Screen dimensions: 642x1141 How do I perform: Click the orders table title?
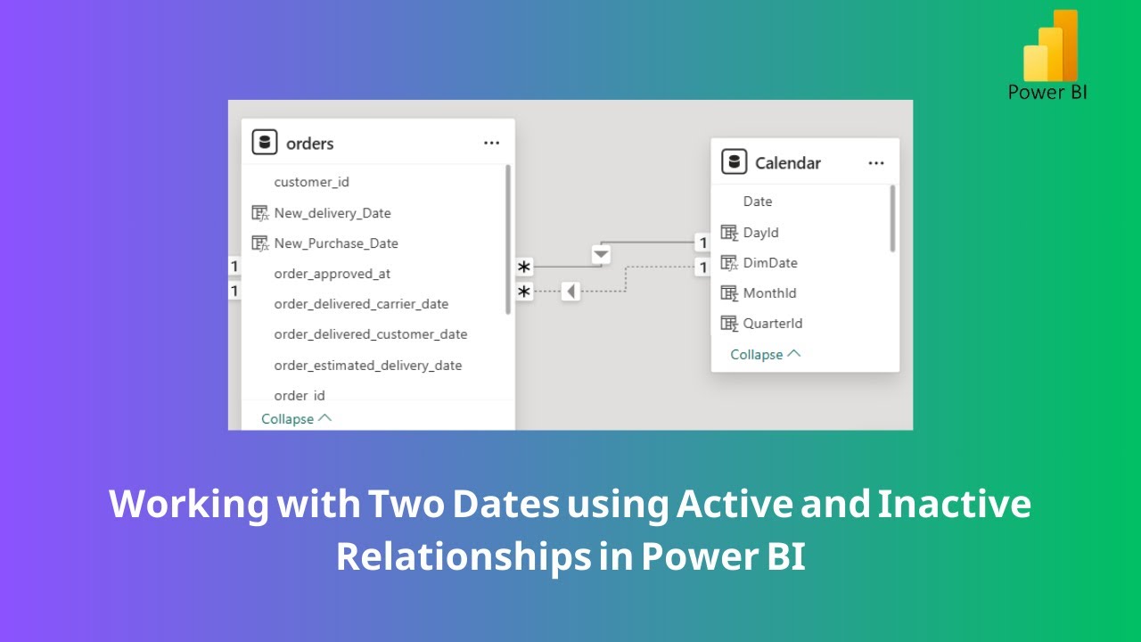point(309,144)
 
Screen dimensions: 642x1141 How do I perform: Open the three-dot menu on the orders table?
point(491,143)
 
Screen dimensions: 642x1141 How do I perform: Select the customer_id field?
point(311,182)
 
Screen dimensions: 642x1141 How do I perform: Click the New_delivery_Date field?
point(332,213)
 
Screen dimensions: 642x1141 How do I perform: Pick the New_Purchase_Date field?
point(335,243)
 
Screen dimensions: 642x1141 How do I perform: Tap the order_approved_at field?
point(332,274)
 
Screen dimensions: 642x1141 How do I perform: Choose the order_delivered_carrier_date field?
point(360,304)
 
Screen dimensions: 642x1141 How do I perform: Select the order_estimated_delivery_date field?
point(367,366)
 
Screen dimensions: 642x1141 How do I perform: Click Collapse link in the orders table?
point(295,418)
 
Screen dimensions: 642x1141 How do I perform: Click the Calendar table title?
point(787,163)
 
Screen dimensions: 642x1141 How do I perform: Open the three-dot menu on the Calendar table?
point(876,162)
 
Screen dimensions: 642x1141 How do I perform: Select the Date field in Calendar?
point(758,202)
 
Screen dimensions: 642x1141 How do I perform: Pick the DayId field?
point(760,233)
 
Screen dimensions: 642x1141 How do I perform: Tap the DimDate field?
point(769,263)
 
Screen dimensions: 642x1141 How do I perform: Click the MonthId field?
point(769,293)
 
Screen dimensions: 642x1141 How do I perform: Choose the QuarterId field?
point(772,324)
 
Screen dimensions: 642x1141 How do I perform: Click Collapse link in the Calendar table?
point(765,354)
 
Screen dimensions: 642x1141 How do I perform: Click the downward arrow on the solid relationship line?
point(601,255)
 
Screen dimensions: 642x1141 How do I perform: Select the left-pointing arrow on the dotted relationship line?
point(570,292)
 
